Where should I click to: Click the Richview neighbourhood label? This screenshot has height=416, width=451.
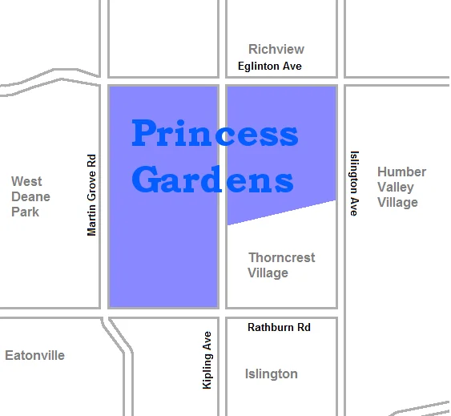click(276, 49)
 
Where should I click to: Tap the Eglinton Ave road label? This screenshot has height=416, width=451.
click(270, 66)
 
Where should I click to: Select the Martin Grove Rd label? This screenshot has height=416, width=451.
click(91, 195)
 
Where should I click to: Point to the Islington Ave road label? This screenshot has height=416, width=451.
click(354, 183)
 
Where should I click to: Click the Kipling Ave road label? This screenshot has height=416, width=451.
click(207, 360)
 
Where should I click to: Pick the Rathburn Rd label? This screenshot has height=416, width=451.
click(279, 327)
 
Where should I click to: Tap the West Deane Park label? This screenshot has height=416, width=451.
click(30, 196)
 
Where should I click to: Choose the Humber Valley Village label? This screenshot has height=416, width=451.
click(401, 187)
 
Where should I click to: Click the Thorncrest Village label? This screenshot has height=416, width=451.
click(281, 265)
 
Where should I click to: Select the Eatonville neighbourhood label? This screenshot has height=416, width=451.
click(34, 355)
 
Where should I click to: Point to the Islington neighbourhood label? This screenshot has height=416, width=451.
click(271, 374)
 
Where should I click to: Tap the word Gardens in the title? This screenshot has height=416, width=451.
click(212, 180)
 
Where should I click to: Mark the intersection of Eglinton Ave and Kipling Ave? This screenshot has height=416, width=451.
click(222, 82)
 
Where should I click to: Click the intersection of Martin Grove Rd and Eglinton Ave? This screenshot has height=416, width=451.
click(103, 82)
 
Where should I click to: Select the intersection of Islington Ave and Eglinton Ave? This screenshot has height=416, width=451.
click(340, 82)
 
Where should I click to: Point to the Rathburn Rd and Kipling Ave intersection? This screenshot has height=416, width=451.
click(222, 313)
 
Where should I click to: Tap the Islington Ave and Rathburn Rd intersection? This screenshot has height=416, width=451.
click(340, 313)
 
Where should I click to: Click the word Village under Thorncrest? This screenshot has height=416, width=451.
click(268, 273)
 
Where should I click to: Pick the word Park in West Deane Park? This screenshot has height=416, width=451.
click(25, 212)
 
